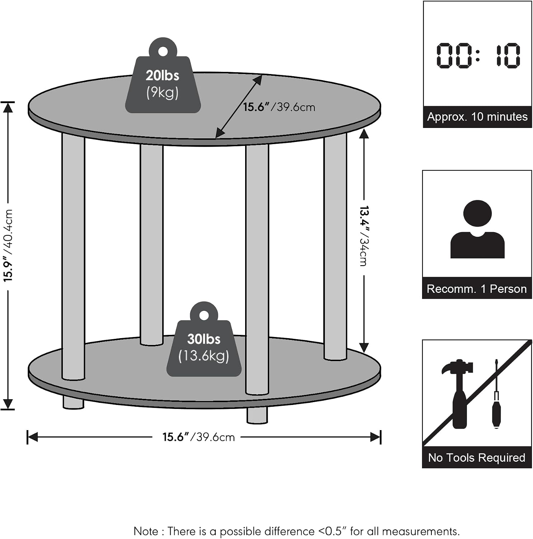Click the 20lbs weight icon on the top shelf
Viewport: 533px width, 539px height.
pos(163,77)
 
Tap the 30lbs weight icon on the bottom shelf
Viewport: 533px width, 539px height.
pos(204,341)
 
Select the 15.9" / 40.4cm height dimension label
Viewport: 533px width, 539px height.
pos(8,245)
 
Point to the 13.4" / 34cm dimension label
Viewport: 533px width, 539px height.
pos(364,236)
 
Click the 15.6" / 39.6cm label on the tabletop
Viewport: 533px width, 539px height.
pos(279,107)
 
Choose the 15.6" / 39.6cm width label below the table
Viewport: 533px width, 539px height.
pos(198,437)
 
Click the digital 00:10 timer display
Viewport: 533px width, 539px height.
pos(478,56)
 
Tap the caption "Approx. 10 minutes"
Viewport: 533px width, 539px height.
pos(477,117)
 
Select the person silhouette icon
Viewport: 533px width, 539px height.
pos(477,229)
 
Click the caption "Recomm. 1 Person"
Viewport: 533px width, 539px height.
pos(477,289)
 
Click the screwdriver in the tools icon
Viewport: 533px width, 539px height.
pos(497,394)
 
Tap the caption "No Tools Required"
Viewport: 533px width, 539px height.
pos(477,457)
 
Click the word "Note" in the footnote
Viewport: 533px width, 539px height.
pos(145,531)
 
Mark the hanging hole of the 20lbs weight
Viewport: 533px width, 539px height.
pos(163,51)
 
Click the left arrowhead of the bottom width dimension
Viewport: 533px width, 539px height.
pos(32,437)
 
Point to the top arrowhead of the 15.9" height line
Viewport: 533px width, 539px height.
pos(8,107)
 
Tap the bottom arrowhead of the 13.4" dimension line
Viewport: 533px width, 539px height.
pos(364,347)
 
